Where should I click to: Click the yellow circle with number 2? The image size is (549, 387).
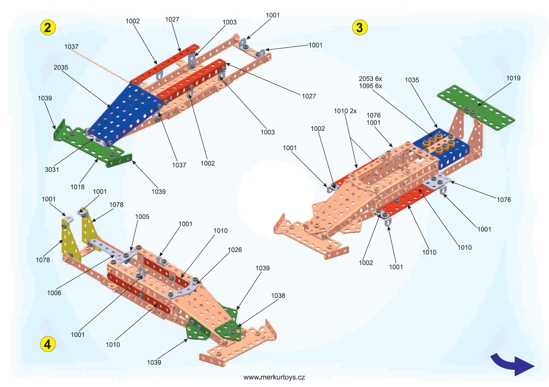pyautogui.click(x=48, y=27)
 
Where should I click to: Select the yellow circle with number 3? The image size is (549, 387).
pyautogui.click(x=360, y=27)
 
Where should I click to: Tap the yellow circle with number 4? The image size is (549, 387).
pyautogui.click(x=48, y=344)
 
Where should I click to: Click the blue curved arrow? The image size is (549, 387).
pyautogui.click(x=512, y=365)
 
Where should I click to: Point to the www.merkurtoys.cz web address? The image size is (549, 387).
pyautogui.click(x=274, y=377)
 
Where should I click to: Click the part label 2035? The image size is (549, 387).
pyautogui.click(x=61, y=67)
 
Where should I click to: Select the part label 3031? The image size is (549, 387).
pyautogui.click(x=52, y=169)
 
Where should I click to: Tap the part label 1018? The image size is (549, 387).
pyautogui.click(x=77, y=187)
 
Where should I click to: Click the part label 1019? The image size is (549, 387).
pyautogui.click(x=513, y=78)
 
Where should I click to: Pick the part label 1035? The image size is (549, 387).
pyautogui.click(x=412, y=80)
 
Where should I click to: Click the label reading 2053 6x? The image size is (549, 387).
pyautogui.click(x=370, y=79)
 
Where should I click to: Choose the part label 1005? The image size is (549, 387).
pyautogui.click(x=142, y=217)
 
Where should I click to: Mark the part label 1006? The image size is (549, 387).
pyautogui.click(x=54, y=293)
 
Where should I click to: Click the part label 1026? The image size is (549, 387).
pyautogui.click(x=235, y=250)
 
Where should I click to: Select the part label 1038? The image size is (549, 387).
pyautogui.click(x=278, y=296)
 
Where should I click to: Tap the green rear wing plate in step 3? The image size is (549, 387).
pyautogui.click(x=476, y=108)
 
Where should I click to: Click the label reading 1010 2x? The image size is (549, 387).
pyautogui.click(x=345, y=111)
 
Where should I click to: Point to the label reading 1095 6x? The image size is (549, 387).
pyautogui.click(x=370, y=86)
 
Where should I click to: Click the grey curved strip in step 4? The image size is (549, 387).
pyautogui.click(x=183, y=290)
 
